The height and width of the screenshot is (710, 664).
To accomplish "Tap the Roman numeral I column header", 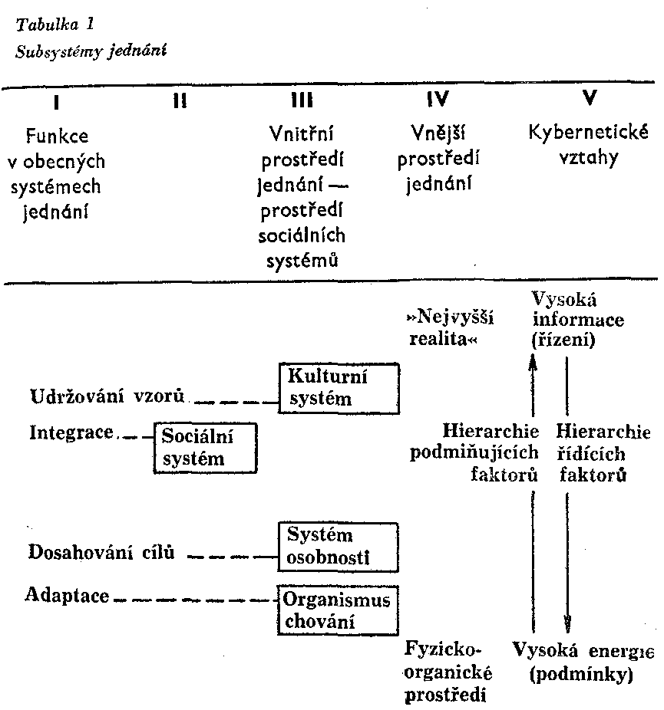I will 56,100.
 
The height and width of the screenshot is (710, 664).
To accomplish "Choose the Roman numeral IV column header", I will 436,100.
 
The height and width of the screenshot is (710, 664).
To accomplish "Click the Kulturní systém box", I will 339,387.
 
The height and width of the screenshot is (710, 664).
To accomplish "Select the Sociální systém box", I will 205,447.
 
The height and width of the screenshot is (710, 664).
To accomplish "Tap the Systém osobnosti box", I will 339,546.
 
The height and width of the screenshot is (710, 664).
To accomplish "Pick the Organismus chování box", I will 339,610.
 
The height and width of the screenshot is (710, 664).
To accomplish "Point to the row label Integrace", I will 71,432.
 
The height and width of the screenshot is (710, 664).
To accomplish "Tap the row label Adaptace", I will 68,596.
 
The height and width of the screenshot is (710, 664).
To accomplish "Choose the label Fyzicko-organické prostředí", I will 448,672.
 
